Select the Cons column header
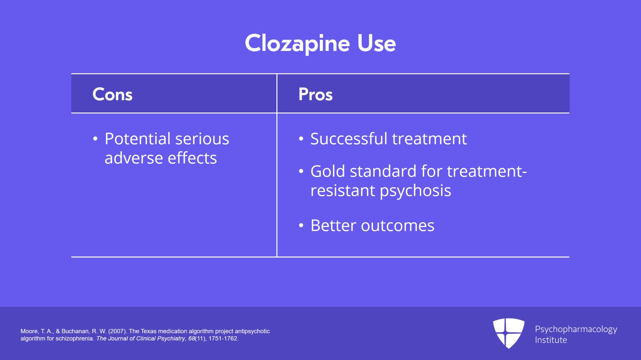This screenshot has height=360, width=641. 113,95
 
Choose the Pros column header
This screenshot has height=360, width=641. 316,95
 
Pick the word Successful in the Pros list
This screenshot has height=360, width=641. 349,139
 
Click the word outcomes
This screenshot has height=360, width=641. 397,226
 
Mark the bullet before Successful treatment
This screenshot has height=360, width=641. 301,139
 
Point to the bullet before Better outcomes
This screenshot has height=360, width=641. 301,226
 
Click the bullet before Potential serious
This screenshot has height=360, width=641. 95,139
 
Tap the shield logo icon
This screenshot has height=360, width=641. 508,333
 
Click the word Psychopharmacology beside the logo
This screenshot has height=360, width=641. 576,329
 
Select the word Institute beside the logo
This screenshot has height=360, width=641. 551,340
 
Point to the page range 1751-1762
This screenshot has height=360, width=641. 223,338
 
